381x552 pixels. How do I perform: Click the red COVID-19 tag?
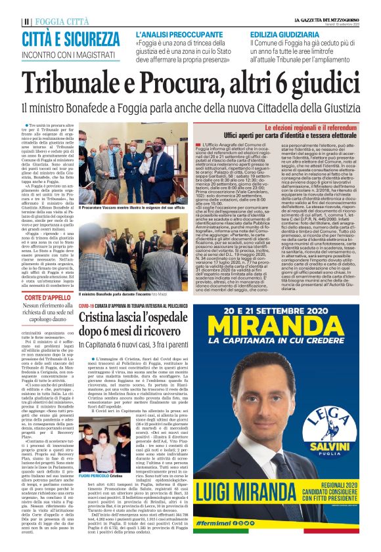(87, 306)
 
